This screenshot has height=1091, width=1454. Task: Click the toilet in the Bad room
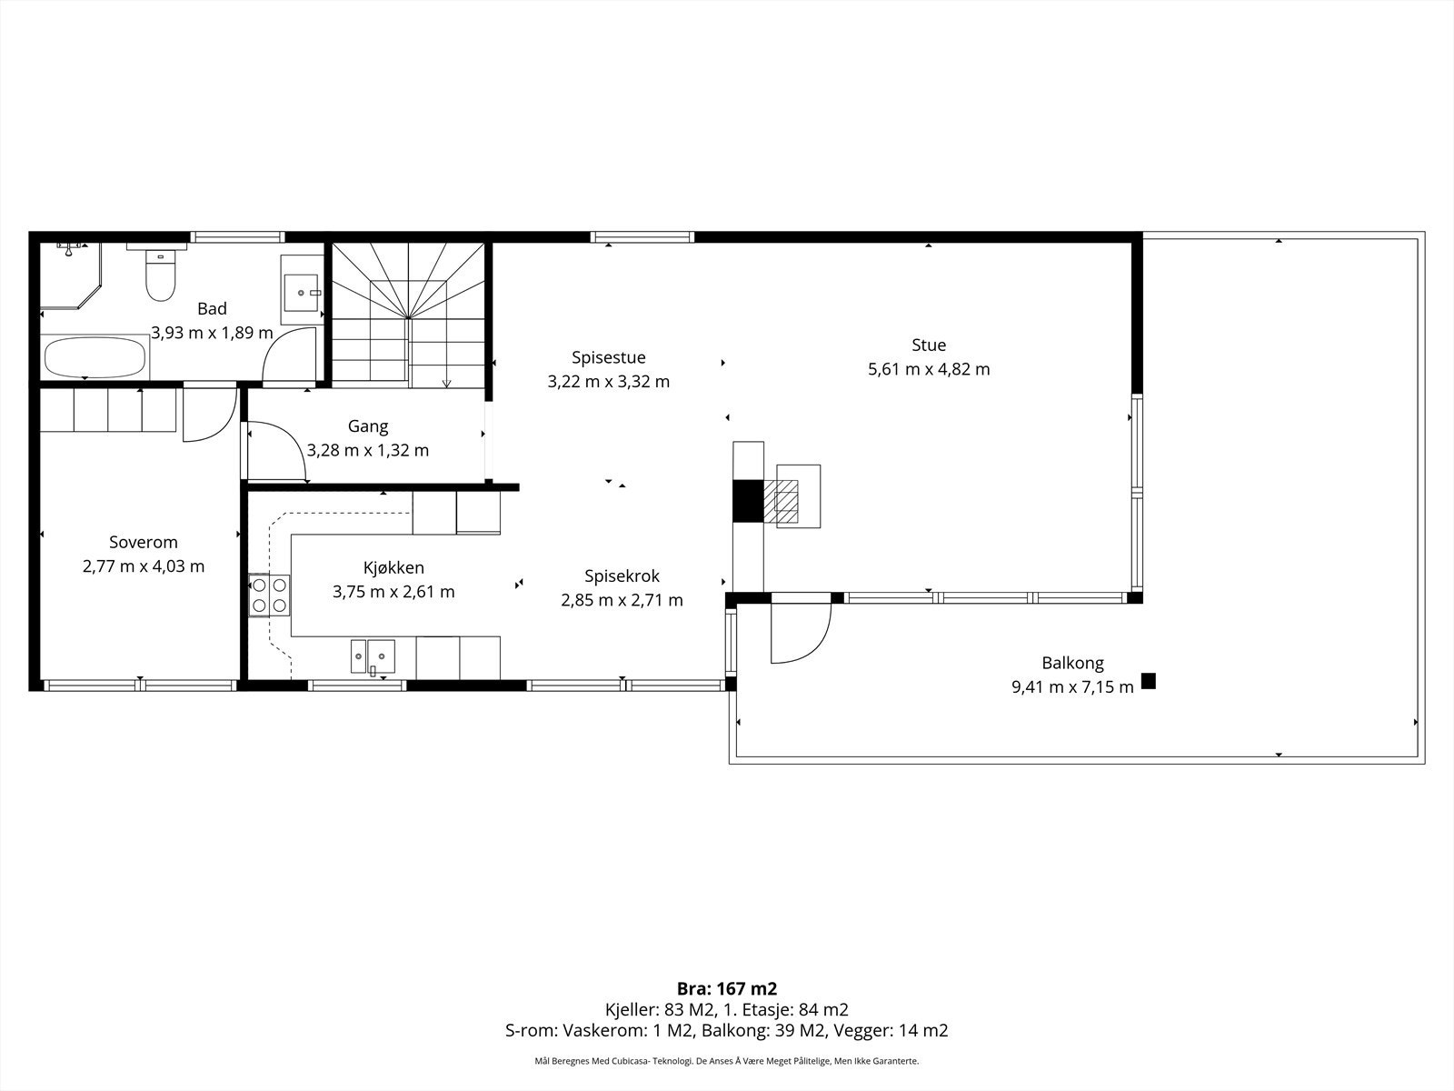coord(160,275)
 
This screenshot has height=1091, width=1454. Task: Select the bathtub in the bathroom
coord(95,357)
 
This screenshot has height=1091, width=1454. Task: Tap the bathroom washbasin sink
coord(302,292)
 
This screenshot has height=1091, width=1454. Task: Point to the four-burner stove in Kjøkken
coord(269,595)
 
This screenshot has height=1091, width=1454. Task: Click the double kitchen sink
coord(373,656)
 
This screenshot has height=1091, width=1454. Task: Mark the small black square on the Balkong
coord(1148,681)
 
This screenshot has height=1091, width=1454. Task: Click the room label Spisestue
coord(608,357)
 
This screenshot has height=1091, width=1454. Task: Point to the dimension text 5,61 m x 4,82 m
coord(929,369)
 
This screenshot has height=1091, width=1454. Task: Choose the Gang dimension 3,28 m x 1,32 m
coord(368,450)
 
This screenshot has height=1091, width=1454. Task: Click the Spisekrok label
coord(622,576)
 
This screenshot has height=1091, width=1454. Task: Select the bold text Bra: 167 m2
coord(727,989)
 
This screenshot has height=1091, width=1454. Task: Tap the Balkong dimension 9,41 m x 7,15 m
coord(1072,687)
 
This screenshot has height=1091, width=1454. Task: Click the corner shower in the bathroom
coord(71,275)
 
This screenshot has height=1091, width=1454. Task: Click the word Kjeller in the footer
coord(628,1009)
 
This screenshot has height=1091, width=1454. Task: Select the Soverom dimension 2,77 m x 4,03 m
coord(143,566)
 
